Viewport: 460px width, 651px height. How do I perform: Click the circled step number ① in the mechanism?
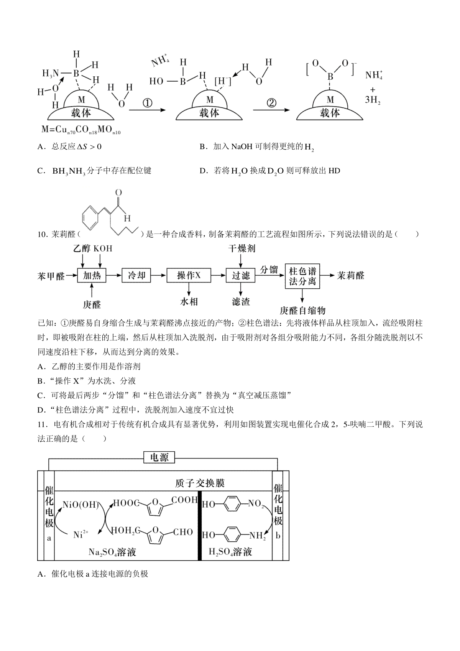(147, 103)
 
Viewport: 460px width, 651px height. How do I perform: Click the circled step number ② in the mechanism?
(271, 103)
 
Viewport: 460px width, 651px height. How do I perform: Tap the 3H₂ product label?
(372, 100)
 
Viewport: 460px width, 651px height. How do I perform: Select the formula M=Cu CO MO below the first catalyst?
(81, 130)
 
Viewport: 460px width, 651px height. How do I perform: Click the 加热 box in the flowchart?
(92, 275)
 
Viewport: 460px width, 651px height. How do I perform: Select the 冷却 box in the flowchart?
(136, 275)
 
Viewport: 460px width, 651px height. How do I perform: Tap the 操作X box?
(189, 275)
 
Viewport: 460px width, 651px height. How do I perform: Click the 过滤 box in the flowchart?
(241, 275)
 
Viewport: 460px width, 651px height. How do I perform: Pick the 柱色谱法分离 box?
(302, 276)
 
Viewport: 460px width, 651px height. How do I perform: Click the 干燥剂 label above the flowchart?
(242, 249)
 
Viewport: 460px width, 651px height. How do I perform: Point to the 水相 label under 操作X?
(189, 302)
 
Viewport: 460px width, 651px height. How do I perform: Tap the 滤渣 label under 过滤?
(241, 302)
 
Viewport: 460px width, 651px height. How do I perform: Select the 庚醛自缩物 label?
(303, 310)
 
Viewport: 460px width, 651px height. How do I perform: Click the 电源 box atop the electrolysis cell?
(159, 457)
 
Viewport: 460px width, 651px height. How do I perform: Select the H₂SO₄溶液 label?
(230, 552)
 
